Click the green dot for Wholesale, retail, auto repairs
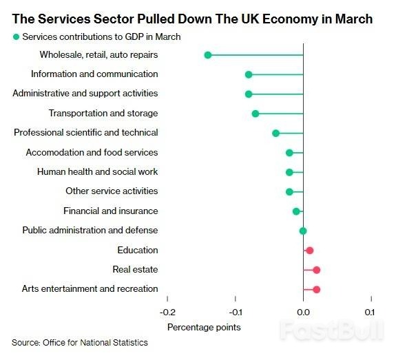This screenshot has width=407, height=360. point(208,54)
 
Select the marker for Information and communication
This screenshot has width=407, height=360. point(249,74)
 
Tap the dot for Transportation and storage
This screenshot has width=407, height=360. point(255,114)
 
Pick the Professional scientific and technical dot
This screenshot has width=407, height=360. point(276,133)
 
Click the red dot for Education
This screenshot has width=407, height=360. point(310,251)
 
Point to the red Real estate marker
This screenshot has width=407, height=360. point(317,270)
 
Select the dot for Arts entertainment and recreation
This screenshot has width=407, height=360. point(317,289)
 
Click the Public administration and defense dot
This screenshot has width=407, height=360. point(303,231)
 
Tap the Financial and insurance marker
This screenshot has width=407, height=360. point(297,211)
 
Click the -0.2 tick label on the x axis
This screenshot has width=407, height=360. point(167,313)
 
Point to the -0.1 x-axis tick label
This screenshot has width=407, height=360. point(235,313)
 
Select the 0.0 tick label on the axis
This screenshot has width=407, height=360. point(303,313)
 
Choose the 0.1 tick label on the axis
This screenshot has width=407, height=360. point(371,313)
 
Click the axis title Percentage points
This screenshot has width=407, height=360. point(204,327)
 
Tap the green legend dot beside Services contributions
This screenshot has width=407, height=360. point(16,36)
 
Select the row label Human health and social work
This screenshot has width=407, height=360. point(97,172)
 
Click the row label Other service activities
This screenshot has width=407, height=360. point(112,191)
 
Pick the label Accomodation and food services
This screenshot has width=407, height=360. point(92,152)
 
